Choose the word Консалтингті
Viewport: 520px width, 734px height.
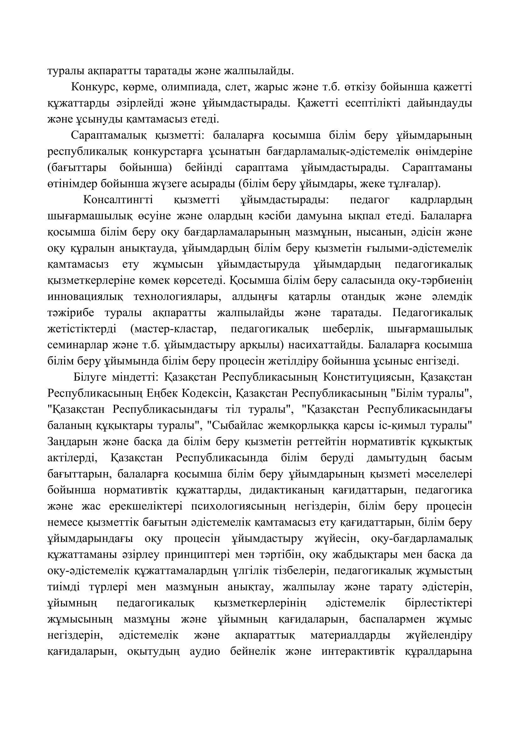118,200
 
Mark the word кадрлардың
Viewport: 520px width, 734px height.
440,200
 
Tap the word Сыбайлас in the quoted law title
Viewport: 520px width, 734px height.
233,426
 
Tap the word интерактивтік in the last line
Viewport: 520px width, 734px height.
358,652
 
